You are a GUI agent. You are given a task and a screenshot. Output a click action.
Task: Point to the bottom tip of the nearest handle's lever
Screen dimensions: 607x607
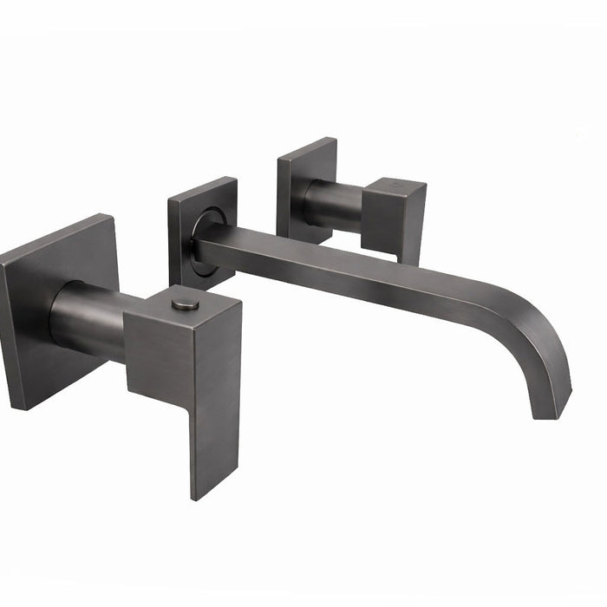(x=201, y=493)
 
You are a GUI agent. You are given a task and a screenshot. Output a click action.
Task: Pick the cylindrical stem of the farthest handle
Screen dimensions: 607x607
(x=334, y=206)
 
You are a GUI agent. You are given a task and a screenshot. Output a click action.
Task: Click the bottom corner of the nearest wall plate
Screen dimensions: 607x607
(x=12, y=408)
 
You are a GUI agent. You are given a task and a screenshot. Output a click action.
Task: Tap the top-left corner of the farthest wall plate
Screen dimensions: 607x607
(x=278, y=158)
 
